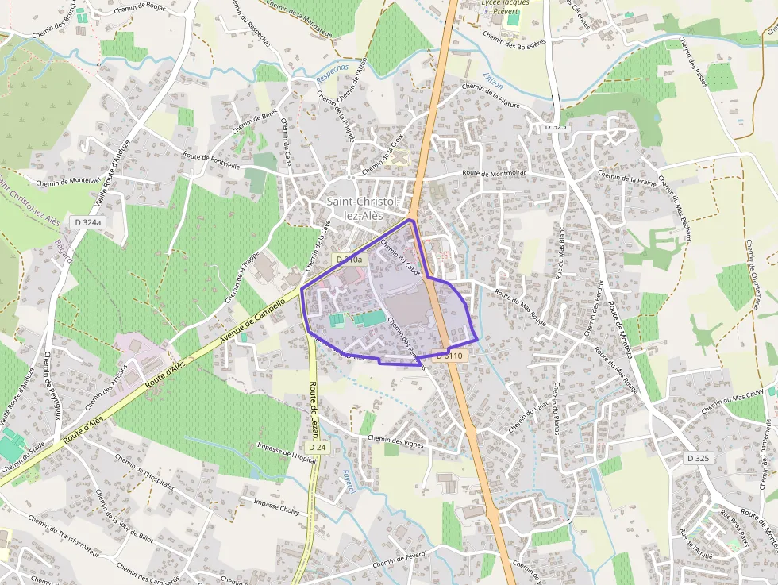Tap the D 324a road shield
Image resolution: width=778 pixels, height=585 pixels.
(88, 223)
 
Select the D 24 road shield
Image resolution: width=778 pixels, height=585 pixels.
(316, 448)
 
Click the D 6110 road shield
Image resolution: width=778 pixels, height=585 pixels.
(449, 356)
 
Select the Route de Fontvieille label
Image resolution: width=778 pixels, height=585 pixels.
(211, 161)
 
